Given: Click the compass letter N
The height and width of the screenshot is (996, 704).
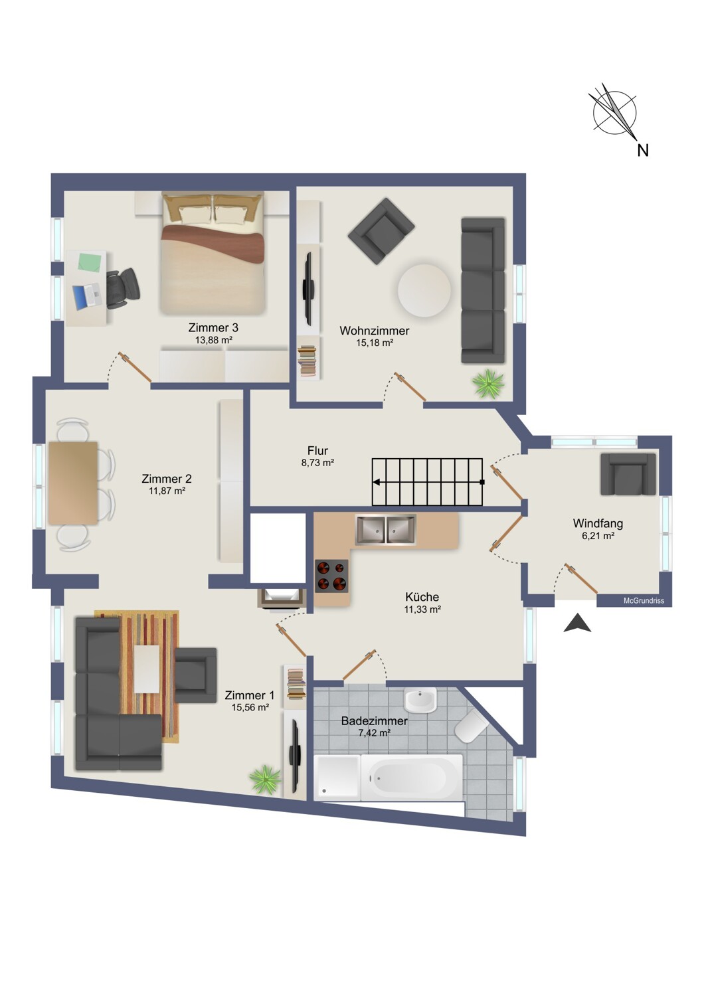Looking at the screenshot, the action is pyautogui.click(x=643, y=150).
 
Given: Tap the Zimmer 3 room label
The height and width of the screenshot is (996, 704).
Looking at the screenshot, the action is pyautogui.click(x=213, y=328).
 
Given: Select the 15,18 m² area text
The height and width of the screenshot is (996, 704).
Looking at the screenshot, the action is pyautogui.click(x=375, y=343).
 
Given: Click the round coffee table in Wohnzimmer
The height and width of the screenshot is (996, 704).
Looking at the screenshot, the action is pyautogui.click(x=424, y=290).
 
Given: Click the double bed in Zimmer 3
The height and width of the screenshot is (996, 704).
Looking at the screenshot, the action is pyautogui.click(x=213, y=252).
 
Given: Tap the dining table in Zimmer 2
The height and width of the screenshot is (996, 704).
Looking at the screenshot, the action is pyautogui.click(x=73, y=483).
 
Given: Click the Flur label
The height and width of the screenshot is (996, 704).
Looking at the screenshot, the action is pyautogui.click(x=317, y=450).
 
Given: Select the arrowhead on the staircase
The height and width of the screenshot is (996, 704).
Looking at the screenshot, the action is pyautogui.click(x=376, y=481).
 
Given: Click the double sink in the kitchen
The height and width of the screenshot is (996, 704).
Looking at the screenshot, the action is pyautogui.click(x=386, y=530).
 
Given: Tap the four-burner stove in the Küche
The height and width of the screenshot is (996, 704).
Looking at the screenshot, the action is pyautogui.click(x=332, y=576).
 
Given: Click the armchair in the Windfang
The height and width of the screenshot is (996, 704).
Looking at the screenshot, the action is pyautogui.click(x=628, y=474).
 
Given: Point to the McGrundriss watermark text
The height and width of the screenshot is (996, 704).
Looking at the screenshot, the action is pyautogui.click(x=644, y=601).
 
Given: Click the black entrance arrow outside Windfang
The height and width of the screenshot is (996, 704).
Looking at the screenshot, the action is pyautogui.click(x=577, y=623).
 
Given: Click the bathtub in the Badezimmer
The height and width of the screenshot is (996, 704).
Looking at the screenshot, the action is pyautogui.click(x=411, y=777).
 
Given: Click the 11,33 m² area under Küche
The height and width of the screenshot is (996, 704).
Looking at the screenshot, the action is pyautogui.click(x=422, y=610).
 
